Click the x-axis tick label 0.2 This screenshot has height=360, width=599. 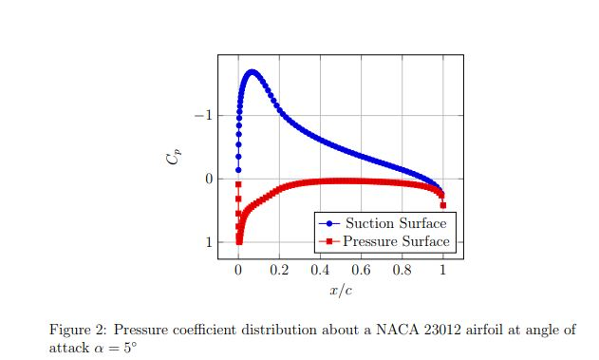(x=279, y=271)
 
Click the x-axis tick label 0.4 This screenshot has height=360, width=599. (x=320, y=271)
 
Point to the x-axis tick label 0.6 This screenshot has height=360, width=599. (x=361, y=271)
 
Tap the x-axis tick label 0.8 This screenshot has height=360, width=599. (x=402, y=271)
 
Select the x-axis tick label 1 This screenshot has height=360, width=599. (x=443, y=271)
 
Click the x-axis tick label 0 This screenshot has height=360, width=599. (x=238, y=271)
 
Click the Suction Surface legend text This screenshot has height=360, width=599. (x=396, y=223)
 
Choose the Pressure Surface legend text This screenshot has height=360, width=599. (x=396, y=241)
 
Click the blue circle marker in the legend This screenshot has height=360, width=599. (x=329, y=223)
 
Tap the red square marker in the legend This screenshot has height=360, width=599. (x=329, y=241)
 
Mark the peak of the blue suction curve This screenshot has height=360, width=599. (x=252, y=71)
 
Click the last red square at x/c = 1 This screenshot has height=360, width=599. (x=443, y=205)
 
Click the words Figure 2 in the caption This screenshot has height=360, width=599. (x=79, y=330)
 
